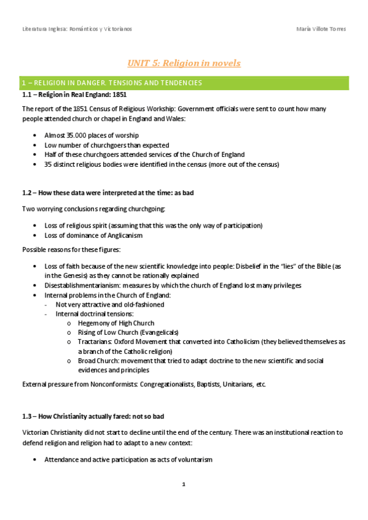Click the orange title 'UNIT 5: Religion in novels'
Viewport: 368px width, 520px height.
coord(184,63)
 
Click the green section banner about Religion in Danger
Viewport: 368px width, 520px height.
coord(184,82)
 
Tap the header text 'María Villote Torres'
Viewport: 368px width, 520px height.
coord(321,29)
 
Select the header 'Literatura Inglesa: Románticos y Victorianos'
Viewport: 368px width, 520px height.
coord(77,29)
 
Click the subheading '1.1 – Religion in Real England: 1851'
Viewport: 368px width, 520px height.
coord(74,96)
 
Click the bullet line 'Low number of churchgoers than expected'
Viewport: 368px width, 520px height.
coord(106,145)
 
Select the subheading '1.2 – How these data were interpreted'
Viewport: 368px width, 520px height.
coord(108,193)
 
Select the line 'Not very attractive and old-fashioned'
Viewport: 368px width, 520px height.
coord(109,304)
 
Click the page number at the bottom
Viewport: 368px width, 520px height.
coord(184,484)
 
